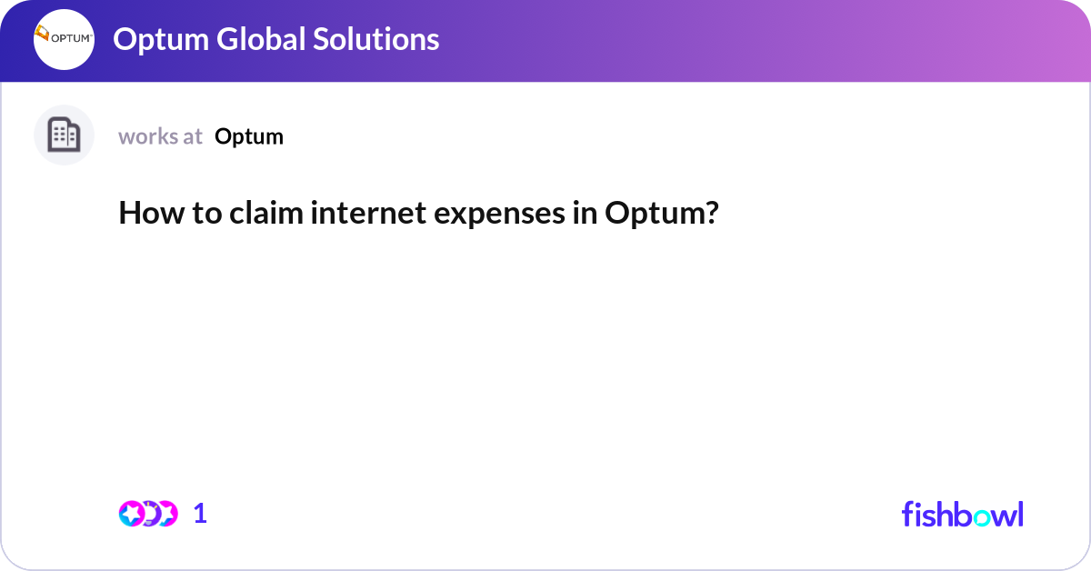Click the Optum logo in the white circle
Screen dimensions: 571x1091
coord(64,39)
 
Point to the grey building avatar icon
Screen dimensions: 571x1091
coord(64,135)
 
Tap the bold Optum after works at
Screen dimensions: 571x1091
coord(249,136)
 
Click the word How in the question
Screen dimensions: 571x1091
coord(143,214)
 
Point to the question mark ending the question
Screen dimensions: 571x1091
coord(712,214)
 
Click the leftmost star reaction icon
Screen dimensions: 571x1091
coord(132,514)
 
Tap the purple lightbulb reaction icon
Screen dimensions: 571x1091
coord(149,514)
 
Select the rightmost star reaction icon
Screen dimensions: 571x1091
coord(165,514)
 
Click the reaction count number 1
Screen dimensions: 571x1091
coord(200,514)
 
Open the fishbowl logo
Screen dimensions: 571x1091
coord(962,514)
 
